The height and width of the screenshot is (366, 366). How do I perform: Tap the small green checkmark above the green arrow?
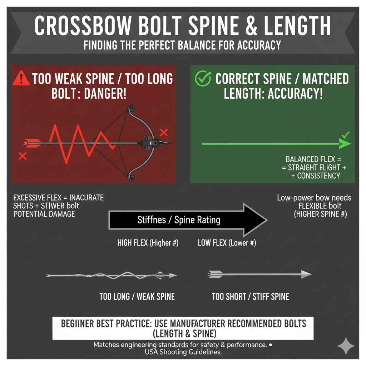(346, 135)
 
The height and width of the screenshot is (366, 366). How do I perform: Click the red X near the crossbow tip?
(164, 133)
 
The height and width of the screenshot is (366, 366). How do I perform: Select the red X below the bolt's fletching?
(23, 156)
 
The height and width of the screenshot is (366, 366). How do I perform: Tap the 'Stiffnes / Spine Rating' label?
(179, 220)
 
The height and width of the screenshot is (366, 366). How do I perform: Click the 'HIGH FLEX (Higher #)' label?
(148, 243)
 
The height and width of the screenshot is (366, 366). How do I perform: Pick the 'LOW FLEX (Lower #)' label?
(227, 243)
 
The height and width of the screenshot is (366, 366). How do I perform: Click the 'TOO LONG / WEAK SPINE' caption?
(137, 296)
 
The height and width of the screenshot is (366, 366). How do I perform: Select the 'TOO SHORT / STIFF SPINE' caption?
(250, 296)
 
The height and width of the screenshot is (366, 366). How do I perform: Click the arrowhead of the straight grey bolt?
(306, 274)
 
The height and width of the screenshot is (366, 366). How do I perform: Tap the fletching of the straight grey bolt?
(216, 274)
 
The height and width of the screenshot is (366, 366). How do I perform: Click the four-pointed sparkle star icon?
(346, 346)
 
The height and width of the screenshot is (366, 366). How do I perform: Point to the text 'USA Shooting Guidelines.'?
(183, 352)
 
